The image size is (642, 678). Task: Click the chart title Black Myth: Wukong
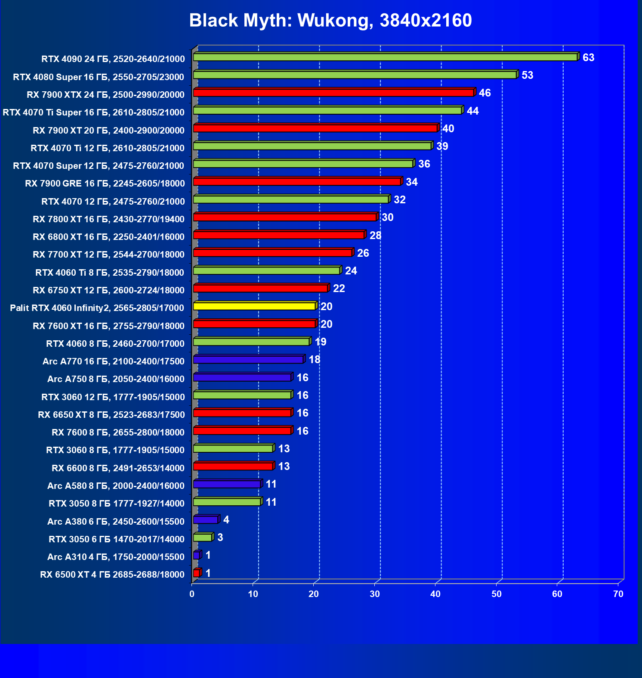click(x=330, y=21)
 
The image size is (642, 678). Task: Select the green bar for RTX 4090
click(x=385, y=57)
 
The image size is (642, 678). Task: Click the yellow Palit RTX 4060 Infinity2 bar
click(x=254, y=306)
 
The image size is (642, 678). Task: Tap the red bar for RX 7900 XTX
click(x=333, y=93)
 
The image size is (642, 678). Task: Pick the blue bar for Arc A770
click(x=248, y=360)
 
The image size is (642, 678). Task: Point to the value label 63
click(x=588, y=58)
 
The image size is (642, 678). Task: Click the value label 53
click(x=527, y=75)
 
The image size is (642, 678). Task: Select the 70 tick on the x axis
click(x=618, y=594)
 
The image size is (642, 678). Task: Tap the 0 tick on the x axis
click(x=192, y=594)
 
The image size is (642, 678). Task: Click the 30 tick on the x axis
click(x=375, y=594)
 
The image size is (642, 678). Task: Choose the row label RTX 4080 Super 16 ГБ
click(x=99, y=77)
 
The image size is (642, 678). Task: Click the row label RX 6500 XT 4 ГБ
click(x=112, y=574)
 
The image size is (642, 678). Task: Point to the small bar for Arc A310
click(x=197, y=556)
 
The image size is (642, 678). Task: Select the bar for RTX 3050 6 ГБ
click(x=203, y=538)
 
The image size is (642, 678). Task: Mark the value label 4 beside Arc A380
click(x=226, y=520)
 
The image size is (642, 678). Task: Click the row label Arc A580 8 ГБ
click(x=116, y=485)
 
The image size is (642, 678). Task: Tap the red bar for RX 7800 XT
click(x=285, y=217)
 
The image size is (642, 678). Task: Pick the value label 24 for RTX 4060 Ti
click(x=351, y=271)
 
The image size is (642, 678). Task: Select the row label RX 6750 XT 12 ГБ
click(x=108, y=290)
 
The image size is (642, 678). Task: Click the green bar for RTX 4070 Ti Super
click(x=327, y=111)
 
